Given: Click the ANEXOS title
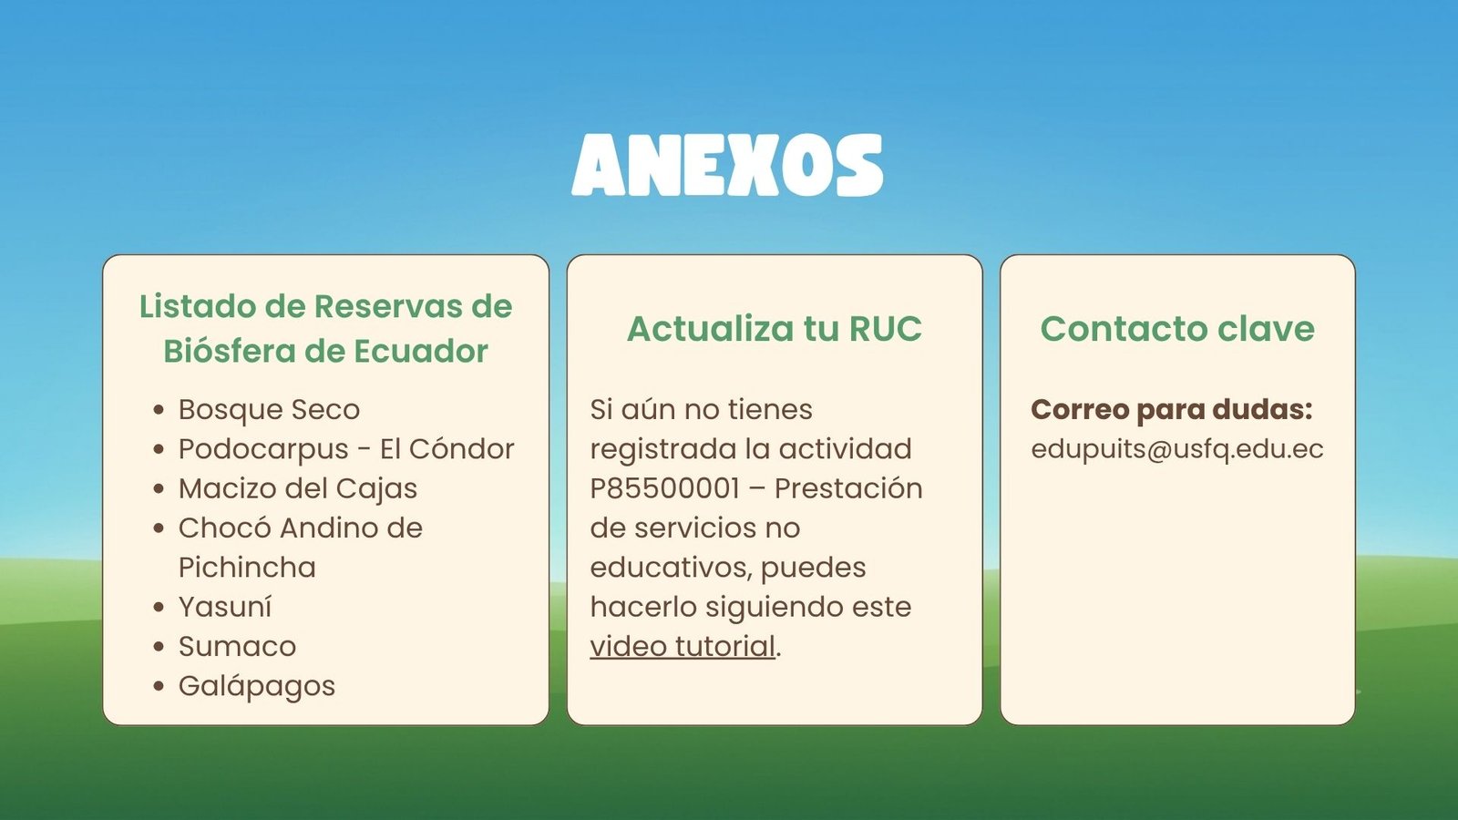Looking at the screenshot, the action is coord(727,165).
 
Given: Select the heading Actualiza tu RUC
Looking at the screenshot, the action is coord(775,329).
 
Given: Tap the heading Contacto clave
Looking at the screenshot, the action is coord(1177,329).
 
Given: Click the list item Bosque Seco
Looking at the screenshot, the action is coord(269,410).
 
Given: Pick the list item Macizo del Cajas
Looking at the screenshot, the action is coord(297,489).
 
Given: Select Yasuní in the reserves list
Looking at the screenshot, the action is coord(224,607).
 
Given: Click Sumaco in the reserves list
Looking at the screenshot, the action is coord(237,647).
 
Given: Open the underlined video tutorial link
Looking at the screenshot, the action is coord(683,647).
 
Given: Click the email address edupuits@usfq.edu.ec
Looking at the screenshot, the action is coord(1176,450).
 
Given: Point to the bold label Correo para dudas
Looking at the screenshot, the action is coord(1172,410).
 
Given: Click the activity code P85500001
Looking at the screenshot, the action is coord(665,489).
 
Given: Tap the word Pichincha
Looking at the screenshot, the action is coord(247,568).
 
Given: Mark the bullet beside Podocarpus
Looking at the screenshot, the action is coord(159,450).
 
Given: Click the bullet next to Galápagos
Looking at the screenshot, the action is coord(159,687).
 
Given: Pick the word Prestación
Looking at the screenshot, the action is coord(848,489).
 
